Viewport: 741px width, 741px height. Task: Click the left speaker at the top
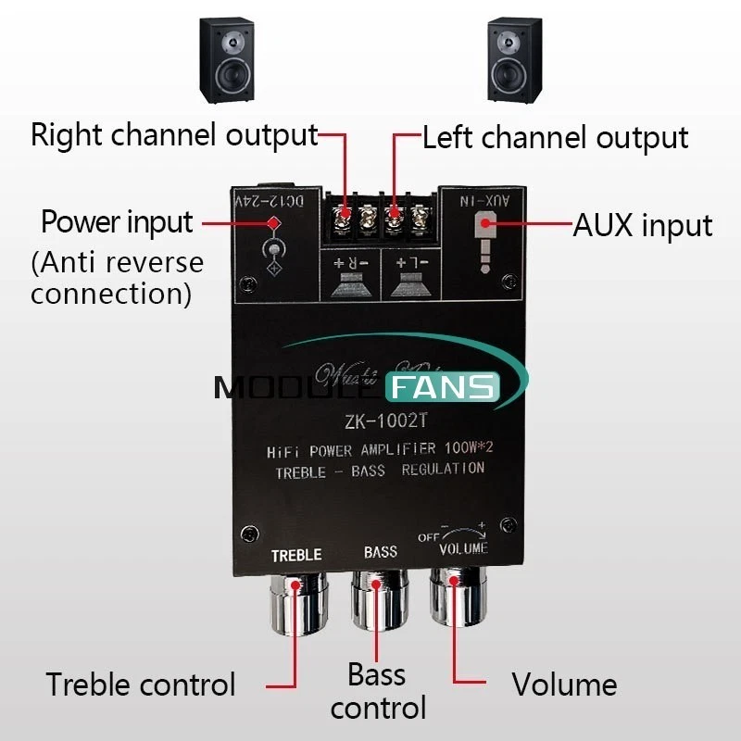(x=225, y=61)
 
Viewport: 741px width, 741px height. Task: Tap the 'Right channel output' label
(x=174, y=135)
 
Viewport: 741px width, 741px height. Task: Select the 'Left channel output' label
(x=555, y=138)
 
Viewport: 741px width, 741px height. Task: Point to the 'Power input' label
(x=117, y=222)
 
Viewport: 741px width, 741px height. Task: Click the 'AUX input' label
(x=643, y=225)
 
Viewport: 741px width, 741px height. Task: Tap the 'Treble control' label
(x=141, y=685)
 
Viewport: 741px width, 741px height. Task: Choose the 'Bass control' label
(x=378, y=691)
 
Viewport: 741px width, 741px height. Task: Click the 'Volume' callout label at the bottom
(x=564, y=685)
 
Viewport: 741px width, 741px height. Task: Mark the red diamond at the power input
(x=274, y=222)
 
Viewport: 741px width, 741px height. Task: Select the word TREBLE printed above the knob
(x=296, y=555)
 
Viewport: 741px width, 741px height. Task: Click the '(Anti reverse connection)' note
(x=117, y=278)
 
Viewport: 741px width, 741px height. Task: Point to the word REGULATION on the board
(x=443, y=469)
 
